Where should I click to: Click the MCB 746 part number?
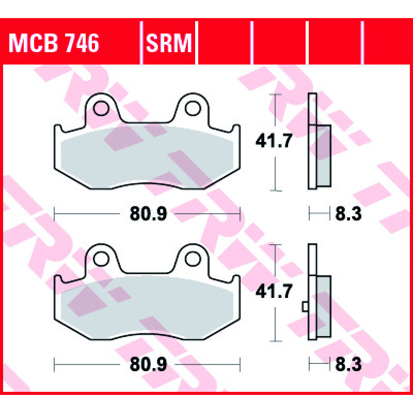[54, 43]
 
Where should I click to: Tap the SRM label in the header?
[169, 43]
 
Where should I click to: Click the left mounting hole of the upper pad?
[101, 108]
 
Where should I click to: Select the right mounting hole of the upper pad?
[193, 108]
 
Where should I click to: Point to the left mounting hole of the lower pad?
[101, 259]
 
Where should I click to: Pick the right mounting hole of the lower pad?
[193, 259]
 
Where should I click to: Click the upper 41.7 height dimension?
[274, 141]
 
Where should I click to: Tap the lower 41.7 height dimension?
[274, 291]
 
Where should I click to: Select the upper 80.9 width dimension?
[148, 214]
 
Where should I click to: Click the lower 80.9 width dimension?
[148, 364]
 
